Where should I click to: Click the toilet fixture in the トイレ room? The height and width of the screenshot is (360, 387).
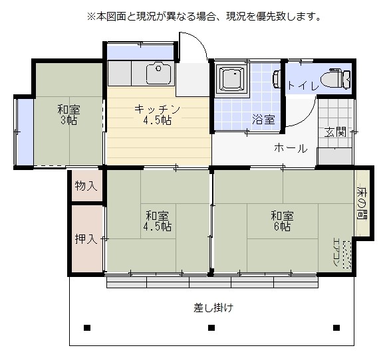335,78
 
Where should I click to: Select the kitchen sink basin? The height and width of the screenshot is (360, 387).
159,74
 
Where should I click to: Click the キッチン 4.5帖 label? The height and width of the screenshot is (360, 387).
157,114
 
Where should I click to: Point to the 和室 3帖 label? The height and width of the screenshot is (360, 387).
68,115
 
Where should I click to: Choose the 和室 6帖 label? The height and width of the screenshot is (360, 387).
282,221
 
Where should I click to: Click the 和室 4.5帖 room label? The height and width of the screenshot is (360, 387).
157,221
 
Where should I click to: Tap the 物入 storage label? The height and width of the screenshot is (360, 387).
86,185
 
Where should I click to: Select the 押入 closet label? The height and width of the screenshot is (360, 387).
86,238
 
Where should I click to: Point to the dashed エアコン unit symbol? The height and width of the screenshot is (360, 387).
347,254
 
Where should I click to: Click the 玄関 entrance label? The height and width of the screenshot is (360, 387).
335,132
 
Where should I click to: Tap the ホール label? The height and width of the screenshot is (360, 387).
291,148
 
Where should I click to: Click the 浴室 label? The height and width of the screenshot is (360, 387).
263,120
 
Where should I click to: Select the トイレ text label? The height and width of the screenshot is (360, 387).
303,86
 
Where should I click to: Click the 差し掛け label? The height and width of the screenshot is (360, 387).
213,308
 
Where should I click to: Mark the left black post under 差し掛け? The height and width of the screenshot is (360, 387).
87,327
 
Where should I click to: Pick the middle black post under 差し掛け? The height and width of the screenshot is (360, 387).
211,327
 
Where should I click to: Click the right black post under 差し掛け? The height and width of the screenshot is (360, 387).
336,327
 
